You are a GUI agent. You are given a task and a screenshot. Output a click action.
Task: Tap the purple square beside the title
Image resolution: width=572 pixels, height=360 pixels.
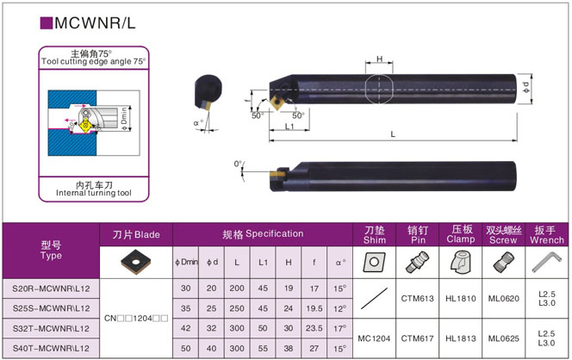click(x=46, y=23)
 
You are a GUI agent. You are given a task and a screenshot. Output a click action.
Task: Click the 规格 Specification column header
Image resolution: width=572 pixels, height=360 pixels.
click(x=263, y=234)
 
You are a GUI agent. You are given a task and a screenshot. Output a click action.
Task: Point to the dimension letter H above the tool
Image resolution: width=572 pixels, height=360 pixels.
click(x=380, y=59)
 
